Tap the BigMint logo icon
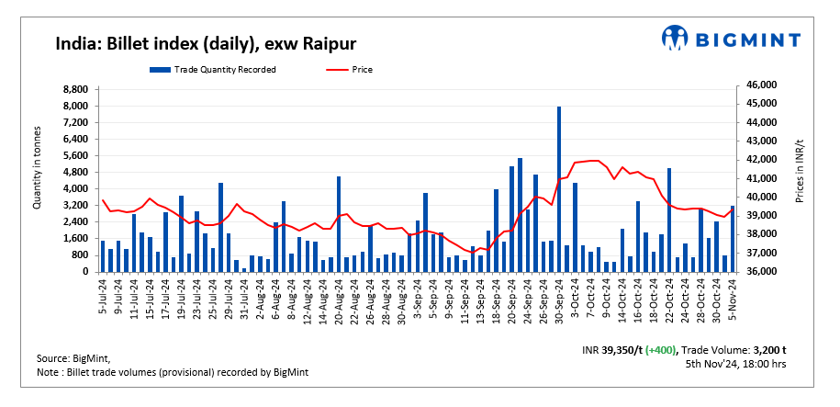click(675, 38)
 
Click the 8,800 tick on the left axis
click(75, 90)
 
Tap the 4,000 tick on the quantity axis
click(75, 188)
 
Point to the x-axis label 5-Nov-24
click(732, 295)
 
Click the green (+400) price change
click(662, 351)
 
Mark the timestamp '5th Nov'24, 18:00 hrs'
click(736, 364)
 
